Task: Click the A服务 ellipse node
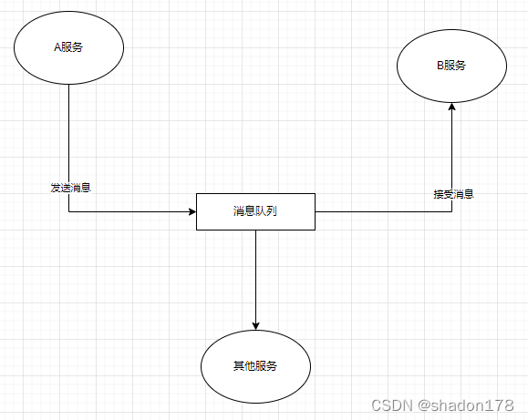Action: click(x=68, y=47)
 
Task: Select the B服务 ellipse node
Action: click(x=451, y=66)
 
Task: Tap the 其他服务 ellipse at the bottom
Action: click(x=255, y=365)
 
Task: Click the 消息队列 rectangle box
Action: click(x=255, y=211)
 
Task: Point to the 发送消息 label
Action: click(x=69, y=188)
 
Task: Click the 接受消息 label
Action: click(x=452, y=194)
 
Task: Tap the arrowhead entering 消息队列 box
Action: click(x=192, y=211)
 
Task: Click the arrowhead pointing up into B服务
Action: click(x=451, y=108)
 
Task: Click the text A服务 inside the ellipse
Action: click(x=68, y=47)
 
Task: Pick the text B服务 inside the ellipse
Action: click(x=451, y=66)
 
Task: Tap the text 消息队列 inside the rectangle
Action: click(x=254, y=211)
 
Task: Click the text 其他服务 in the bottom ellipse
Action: click(x=255, y=366)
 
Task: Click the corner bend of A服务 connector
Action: click(x=69, y=211)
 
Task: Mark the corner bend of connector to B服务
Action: click(x=451, y=211)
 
